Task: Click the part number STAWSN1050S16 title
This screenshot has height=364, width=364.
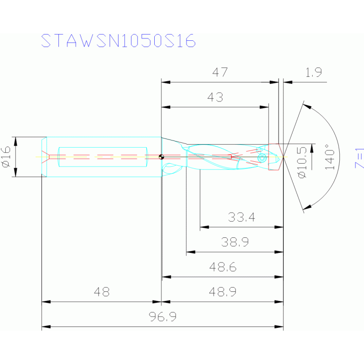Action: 118,41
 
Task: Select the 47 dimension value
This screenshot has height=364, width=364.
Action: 220,73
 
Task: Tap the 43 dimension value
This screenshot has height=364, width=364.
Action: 215,97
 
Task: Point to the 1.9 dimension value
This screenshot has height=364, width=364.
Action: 314,73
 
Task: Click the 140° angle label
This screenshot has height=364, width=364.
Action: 330,157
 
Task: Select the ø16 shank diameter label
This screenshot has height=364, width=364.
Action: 6,157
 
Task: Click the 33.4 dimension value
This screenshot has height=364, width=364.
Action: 242,218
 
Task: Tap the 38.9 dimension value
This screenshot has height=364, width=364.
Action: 235,243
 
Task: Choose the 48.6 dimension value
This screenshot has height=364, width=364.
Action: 223,267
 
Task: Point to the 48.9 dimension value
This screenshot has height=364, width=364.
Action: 223,292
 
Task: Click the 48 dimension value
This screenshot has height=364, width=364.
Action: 102,292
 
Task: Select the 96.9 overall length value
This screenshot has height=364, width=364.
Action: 163,317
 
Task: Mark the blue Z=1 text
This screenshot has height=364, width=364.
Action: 359,159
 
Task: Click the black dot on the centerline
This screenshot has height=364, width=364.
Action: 161,157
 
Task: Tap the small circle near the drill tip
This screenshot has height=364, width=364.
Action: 261,157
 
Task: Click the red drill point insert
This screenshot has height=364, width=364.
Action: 276,157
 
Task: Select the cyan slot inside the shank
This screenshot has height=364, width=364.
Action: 102,157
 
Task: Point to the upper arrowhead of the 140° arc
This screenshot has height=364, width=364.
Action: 306,106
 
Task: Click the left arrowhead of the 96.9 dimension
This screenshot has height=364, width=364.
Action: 46,327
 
